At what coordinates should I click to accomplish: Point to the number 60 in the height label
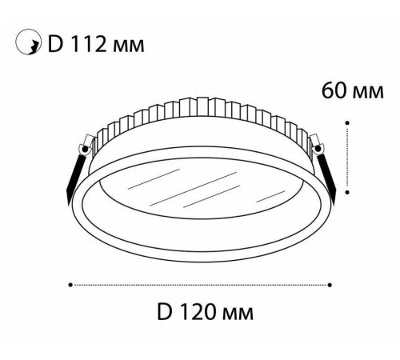click(333, 90)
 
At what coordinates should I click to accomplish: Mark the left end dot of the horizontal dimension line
click(70, 283)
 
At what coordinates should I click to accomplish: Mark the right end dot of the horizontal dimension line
click(330, 283)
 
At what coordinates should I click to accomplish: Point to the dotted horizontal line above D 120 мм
click(200, 283)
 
